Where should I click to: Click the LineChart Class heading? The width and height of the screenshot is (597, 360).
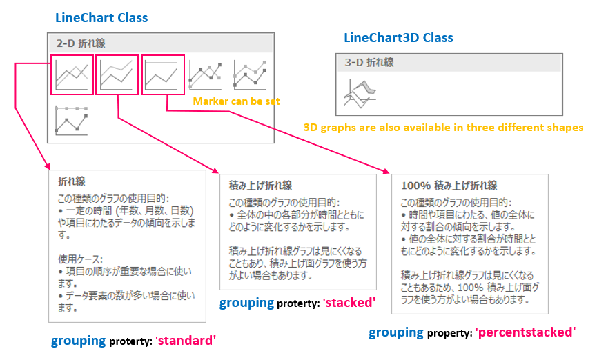[x=101, y=17]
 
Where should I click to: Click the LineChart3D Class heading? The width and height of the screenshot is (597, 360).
[x=398, y=38]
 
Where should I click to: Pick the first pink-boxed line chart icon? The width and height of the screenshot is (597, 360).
[x=72, y=74]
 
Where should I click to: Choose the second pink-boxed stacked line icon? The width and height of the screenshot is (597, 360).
[x=117, y=74]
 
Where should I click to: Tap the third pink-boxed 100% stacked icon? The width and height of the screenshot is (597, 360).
[x=163, y=74]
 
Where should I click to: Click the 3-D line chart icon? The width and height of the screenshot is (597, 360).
[x=360, y=93]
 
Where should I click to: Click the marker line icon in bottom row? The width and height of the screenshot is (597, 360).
[x=71, y=120]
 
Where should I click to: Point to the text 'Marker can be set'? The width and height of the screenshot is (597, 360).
[x=236, y=101]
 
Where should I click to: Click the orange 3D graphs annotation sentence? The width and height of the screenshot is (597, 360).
[x=443, y=127]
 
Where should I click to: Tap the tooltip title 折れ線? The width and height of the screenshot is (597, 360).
[x=72, y=181]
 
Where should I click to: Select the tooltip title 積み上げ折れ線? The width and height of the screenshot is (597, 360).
[x=260, y=186]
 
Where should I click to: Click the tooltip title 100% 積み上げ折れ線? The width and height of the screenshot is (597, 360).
[x=449, y=186]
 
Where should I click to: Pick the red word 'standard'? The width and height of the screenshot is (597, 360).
[x=186, y=340]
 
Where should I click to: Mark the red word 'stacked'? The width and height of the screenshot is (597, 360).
[x=349, y=303]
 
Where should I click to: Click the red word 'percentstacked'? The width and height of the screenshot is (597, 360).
[x=525, y=332]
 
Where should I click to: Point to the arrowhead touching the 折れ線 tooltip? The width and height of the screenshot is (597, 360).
[x=48, y=166]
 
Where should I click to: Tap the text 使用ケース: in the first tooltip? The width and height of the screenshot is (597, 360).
[x=80, y=259]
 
